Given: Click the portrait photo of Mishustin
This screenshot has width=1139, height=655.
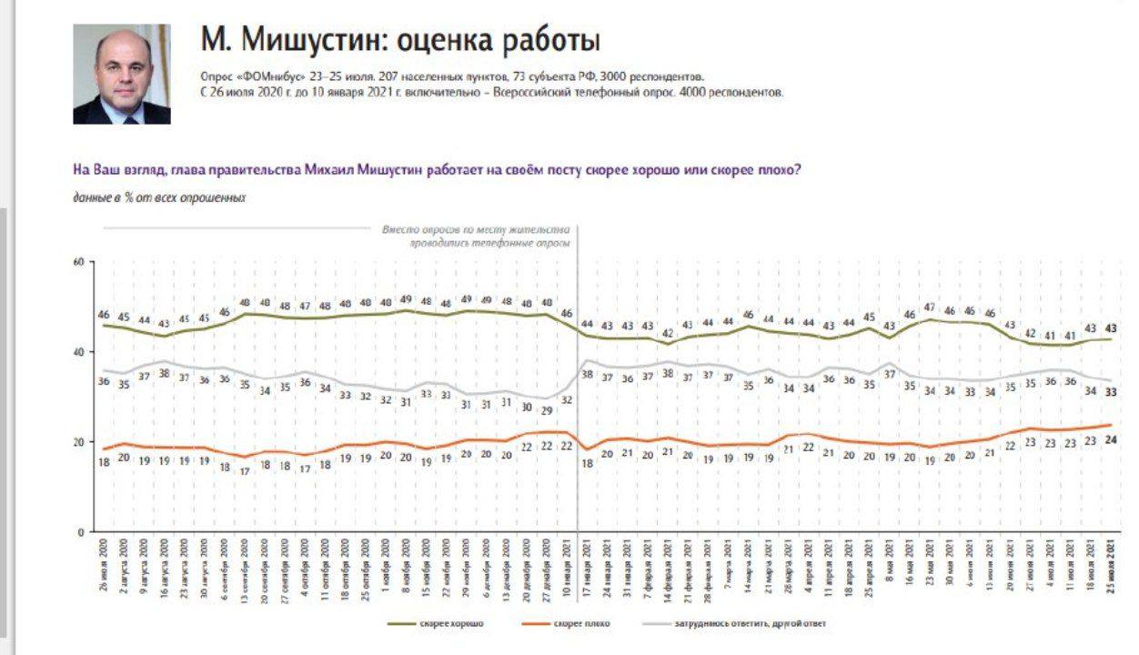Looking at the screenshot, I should (122, 74).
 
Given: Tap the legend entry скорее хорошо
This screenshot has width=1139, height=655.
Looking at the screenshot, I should (438, 623).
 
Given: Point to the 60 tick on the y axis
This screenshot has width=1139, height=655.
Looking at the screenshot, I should (78, 262).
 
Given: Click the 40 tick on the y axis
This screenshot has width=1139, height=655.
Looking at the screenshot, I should (78, 352).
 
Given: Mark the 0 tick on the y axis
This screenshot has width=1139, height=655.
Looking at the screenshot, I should (81, 531).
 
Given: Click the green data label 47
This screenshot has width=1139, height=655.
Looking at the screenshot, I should (929, 307).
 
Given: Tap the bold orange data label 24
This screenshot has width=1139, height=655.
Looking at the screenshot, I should (1112, 439).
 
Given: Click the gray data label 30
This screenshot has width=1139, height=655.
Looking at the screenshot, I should (527, 408).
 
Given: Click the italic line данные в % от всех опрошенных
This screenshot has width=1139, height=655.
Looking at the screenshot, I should (159, 196).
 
